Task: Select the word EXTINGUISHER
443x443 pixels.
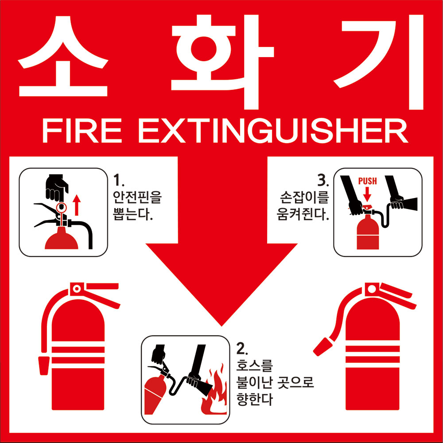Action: [273, 131]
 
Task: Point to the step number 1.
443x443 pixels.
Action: [118, 180]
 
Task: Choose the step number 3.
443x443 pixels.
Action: [323, 180]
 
